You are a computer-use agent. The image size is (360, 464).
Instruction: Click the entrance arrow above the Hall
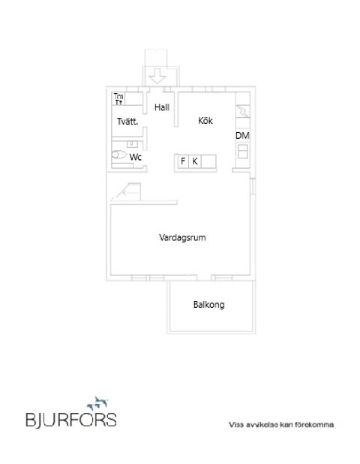157,77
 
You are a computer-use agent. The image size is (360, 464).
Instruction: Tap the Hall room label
161,107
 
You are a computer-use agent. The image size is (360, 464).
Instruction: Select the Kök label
205,120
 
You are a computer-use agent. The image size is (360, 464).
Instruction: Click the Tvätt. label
126,121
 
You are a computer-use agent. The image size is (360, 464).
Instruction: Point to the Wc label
136,157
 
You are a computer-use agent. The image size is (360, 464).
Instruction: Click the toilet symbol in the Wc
119,156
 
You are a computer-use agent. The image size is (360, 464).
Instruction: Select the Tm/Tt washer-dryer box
118,98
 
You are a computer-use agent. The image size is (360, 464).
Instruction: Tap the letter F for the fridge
182,161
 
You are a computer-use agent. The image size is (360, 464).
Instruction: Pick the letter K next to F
195,161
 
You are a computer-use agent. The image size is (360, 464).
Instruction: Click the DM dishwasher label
242,135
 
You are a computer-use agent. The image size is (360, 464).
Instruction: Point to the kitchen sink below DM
242,151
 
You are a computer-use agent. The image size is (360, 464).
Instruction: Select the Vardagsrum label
182,237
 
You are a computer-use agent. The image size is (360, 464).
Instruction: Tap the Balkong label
208,305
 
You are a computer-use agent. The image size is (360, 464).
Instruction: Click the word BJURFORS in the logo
70,419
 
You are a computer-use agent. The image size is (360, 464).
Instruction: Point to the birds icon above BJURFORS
98,402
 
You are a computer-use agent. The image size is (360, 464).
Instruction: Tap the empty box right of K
208,161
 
